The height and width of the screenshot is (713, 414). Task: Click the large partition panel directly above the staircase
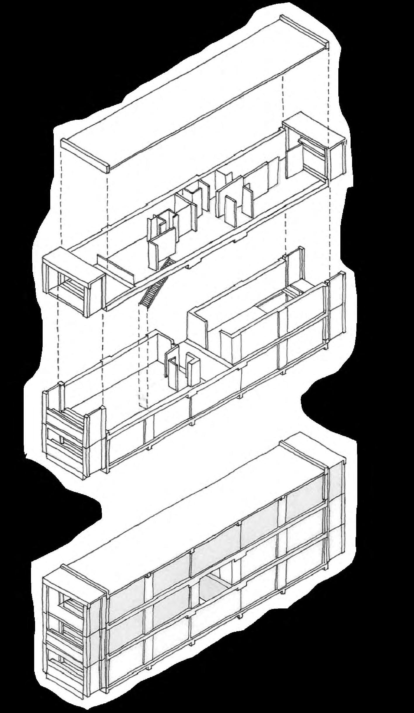(164, 248)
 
